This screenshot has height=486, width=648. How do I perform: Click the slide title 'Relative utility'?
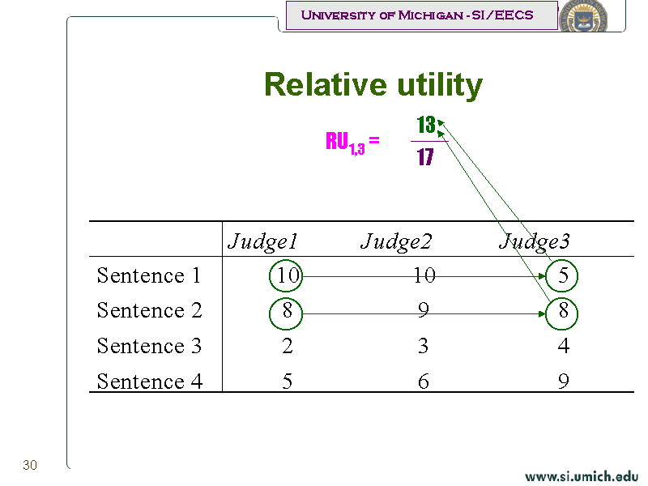(373, 85)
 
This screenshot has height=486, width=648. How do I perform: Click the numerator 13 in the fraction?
(426, 125)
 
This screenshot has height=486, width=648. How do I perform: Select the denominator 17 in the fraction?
(425, 157)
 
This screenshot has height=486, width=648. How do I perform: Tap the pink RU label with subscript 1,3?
(352, 143)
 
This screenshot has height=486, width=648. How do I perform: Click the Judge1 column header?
(262, 241)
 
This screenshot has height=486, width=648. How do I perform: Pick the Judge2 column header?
(396, 241)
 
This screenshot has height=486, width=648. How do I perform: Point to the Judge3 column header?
(535, 241)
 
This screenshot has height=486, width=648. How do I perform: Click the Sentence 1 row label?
(149, 275)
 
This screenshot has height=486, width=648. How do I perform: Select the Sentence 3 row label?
(149, 346)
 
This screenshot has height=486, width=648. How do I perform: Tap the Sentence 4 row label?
(150, 382)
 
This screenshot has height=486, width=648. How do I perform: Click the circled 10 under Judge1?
(286, 275)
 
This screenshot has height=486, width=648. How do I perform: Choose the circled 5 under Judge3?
(562, 275)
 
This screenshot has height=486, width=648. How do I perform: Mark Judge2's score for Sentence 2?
(423, 310)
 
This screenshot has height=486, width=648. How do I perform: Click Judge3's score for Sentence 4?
(563, 381)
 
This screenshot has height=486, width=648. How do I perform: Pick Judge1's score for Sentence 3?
(288, 346)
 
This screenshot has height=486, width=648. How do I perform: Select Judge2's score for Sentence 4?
(423, 381)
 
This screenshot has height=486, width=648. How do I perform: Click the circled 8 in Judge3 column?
(562, 313)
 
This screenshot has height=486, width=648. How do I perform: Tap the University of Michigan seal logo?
(583, 15)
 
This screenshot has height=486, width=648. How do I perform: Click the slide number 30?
(30, 465)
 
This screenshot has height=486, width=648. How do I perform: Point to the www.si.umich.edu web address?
(581, 476)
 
